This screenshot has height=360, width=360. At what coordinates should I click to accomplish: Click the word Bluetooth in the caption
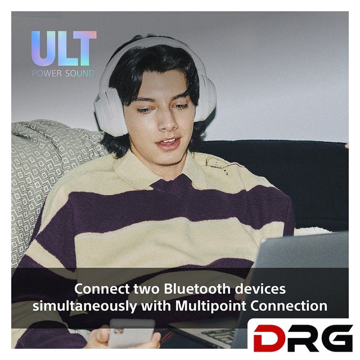coord(197,289)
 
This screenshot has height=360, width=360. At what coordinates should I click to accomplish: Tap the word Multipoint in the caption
coord(211,306)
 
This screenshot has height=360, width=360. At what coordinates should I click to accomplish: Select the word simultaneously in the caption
coord(85,306)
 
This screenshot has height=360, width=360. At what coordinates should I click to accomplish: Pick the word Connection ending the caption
coord(289,306)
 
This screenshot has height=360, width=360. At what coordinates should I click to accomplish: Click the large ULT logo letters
coord(64,48)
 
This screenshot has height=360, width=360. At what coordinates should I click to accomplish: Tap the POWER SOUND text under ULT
coord(63,74)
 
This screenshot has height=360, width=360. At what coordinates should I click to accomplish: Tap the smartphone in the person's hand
coord(131,333)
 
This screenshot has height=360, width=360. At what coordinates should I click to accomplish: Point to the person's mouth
coord(169,142)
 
